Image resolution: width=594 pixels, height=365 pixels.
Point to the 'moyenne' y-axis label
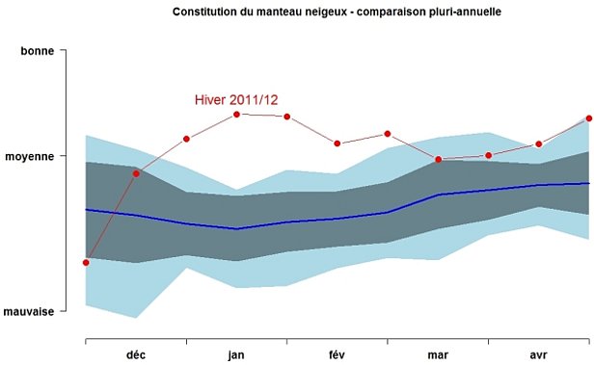32,155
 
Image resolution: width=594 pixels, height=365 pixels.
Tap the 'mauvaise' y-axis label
29,311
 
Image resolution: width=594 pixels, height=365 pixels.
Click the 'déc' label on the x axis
136,354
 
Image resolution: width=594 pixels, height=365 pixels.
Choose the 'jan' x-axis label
236,354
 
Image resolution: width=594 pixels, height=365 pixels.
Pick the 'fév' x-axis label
337,354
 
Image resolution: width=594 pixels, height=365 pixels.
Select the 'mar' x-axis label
437,354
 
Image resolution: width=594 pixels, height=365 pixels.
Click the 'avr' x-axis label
537,354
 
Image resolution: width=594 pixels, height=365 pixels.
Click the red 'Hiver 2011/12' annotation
236,99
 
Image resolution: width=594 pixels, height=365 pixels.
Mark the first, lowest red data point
86,262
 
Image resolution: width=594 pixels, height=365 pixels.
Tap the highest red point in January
236,114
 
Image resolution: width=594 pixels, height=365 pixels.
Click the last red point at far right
588,118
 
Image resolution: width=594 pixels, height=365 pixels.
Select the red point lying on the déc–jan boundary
186,139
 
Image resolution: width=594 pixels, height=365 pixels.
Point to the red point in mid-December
136,173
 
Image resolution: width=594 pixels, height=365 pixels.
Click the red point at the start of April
489,155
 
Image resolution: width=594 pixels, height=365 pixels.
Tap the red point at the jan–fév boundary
286,117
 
